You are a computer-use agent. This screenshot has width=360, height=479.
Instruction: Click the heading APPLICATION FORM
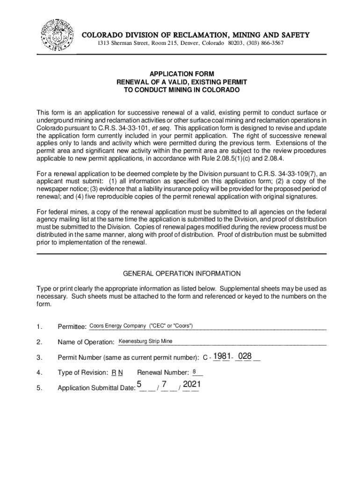coord(181,74)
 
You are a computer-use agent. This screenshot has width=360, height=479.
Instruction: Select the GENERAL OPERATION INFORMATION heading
coord(181,273)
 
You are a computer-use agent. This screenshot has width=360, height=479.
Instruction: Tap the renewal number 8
coord(194,372)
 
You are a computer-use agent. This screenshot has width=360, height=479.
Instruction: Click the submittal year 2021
coord(192,385)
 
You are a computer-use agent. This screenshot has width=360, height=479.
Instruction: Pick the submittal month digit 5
coord(139,385)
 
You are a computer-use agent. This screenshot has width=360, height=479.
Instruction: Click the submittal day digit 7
coord(165,385)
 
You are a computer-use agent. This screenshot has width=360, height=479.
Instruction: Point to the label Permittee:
coord(72,327)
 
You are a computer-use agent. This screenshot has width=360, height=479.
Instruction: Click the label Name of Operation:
coord(86,342)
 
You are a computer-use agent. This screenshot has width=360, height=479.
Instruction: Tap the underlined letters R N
coord(117,373)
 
